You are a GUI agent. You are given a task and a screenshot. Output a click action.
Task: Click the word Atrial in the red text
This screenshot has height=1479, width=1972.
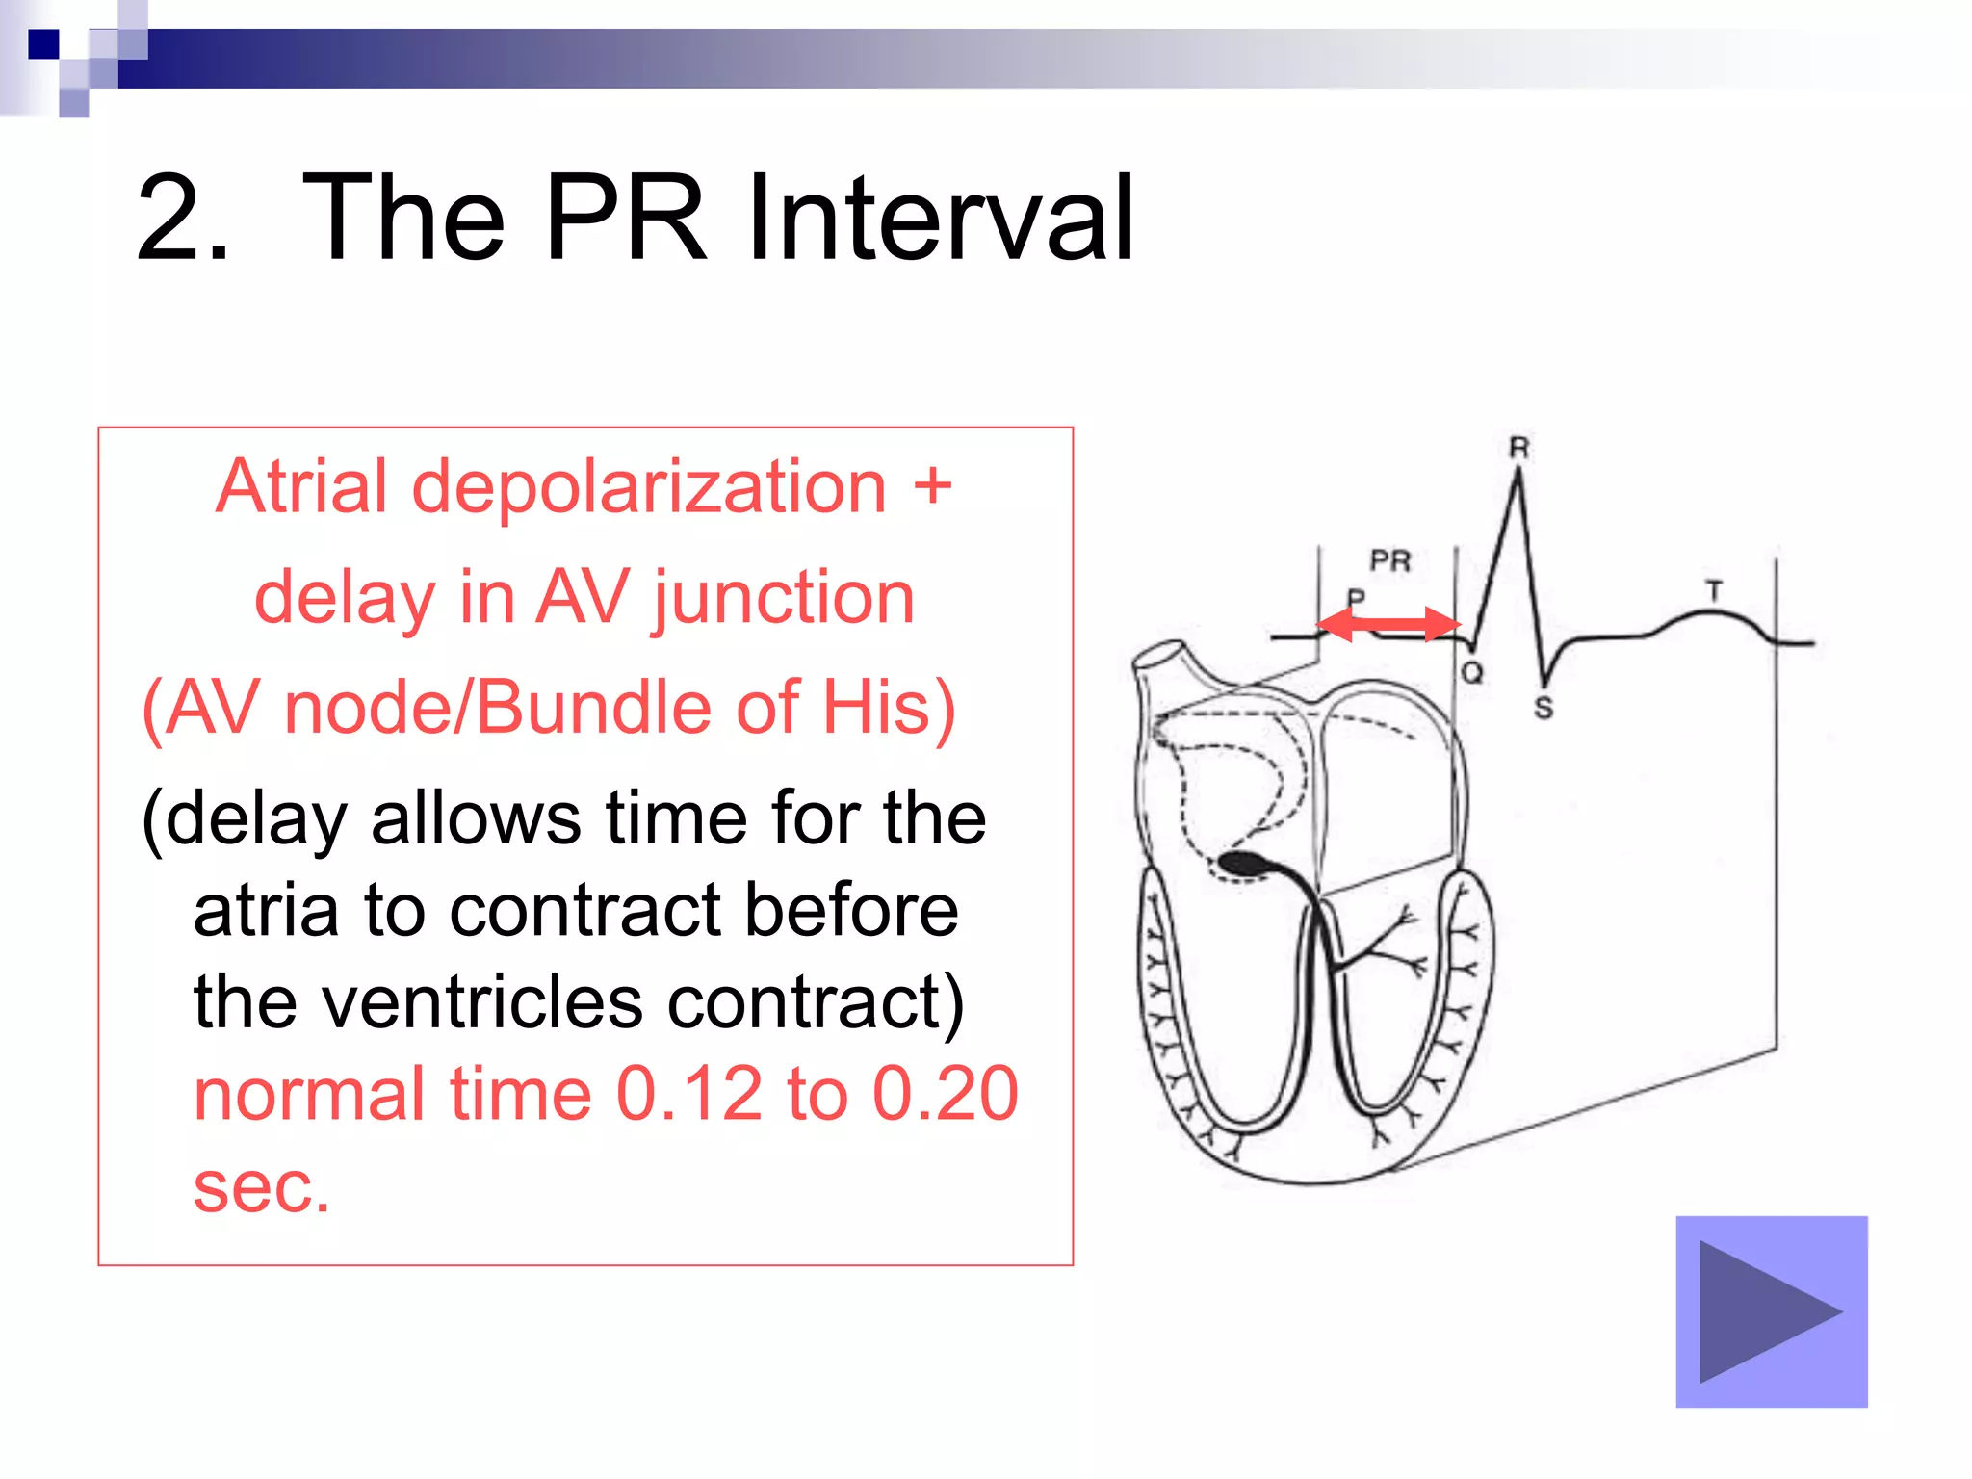(x=301, y=486)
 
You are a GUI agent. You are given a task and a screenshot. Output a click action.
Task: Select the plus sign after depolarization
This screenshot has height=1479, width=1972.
(x=932, y=486)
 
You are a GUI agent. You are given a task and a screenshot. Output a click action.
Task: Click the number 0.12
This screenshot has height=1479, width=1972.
(x=688, y=1094)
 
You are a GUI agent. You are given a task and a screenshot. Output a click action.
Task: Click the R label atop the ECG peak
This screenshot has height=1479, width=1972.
(x=1518, y=448)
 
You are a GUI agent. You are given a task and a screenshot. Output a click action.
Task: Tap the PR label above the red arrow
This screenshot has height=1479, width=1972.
(x=1389, y=560)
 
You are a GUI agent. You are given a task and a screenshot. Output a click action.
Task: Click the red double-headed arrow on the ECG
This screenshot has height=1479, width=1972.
(x=1388, y=624)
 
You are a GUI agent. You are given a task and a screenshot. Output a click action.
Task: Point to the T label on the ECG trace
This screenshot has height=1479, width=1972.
(x=1714, y=590)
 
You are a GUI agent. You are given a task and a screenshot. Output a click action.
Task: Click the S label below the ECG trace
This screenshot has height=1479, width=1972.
(x=1544, y=708)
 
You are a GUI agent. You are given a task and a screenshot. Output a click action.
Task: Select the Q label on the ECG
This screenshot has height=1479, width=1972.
(x=1471, y=672)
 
